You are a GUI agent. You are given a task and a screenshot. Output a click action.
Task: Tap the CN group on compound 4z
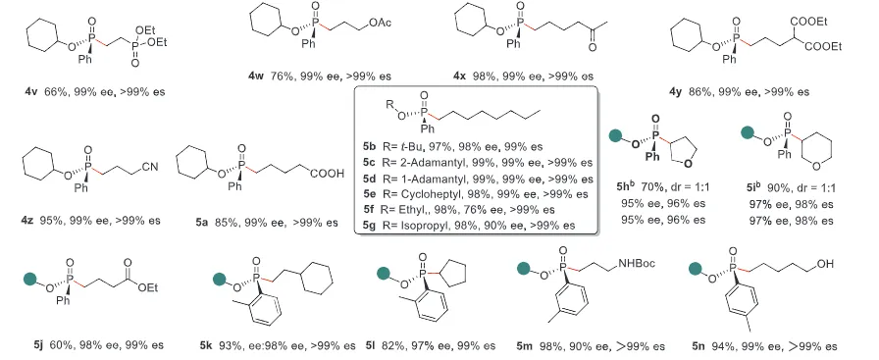click(x=150, y=167)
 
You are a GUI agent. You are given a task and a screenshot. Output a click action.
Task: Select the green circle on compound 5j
click(x=29, y=279)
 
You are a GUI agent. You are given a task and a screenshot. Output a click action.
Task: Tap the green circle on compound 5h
click(x=616, y=135)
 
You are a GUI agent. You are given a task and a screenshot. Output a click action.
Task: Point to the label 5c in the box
click(x=369, y=163)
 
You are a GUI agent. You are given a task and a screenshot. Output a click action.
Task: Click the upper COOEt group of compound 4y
click(x=809, y=22)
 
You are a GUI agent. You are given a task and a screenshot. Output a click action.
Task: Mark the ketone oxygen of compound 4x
click(x=592, y=48)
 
